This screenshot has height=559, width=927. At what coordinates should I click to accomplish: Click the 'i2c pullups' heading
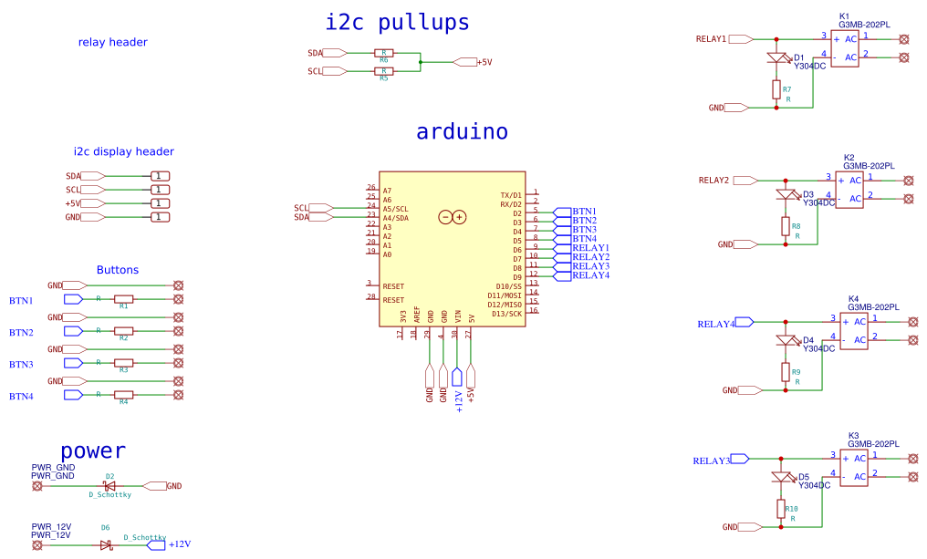coord(397,22)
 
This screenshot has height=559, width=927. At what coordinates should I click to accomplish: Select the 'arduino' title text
coord(462,131)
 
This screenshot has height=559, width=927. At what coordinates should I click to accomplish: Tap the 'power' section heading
coord(92,450)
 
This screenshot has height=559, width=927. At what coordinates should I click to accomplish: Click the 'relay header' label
coord(112,42)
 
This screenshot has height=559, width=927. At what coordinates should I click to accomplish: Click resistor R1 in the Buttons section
coord(123,299)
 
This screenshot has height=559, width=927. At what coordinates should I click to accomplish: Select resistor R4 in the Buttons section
coord(123,395)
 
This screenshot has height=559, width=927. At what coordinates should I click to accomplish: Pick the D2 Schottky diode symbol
coord(109,486)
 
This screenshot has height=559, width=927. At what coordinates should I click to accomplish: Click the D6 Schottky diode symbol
coord(105,545)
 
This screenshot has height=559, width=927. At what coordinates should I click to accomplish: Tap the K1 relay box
coord(844,48)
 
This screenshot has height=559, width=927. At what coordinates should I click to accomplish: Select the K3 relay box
coord(854,468)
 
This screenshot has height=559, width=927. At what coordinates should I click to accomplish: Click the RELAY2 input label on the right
coord(713,181)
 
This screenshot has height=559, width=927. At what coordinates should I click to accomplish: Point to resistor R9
coord(785,372)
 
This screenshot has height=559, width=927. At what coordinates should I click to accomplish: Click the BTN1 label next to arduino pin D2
coord(584,212)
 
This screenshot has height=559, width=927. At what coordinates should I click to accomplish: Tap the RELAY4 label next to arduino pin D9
coord(590,275)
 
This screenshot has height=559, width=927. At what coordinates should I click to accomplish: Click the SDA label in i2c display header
coord(73,176)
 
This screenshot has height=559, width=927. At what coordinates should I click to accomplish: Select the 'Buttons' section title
coord(117,270)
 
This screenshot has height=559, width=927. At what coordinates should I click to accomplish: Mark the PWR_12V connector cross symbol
coord(37,545)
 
